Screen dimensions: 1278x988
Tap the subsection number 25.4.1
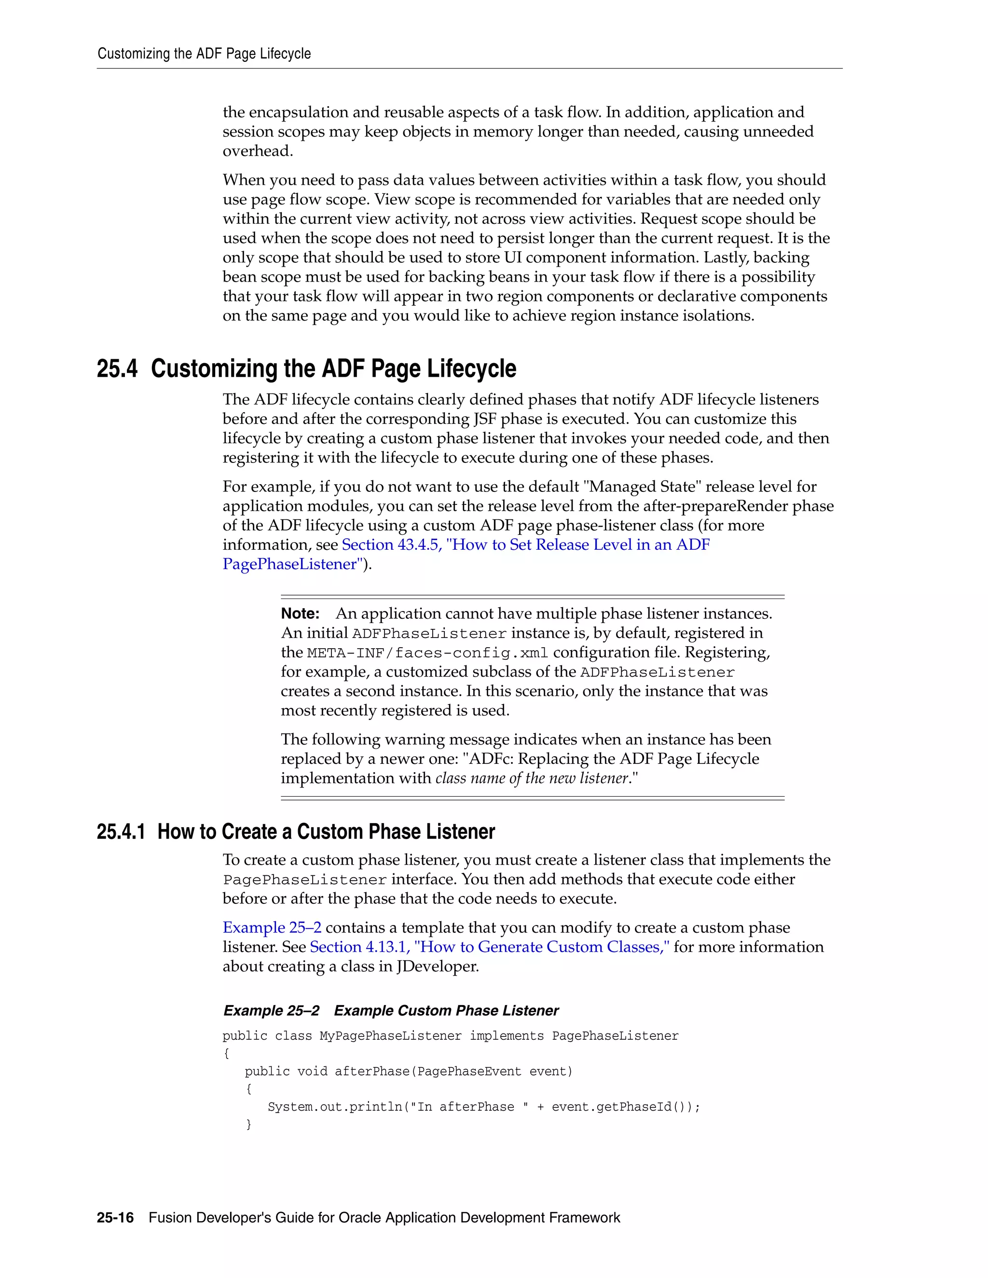point(121,831)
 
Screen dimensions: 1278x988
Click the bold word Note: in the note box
point(300,613)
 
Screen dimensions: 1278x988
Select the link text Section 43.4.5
point(391,545)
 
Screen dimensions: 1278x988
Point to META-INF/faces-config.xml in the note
point(427,653)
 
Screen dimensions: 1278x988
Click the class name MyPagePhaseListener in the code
point(390,1036)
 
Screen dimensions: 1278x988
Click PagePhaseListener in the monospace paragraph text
point(304,880)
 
